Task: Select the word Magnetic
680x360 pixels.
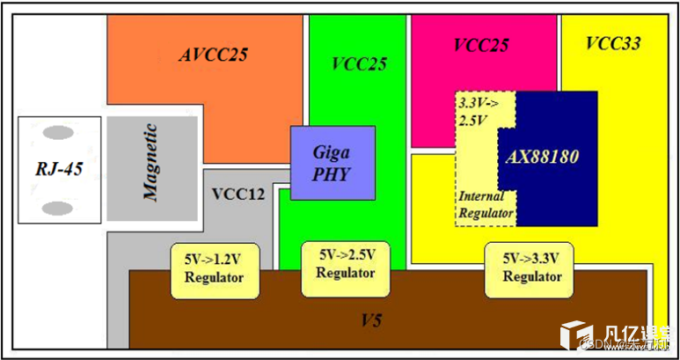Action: coord(150,164)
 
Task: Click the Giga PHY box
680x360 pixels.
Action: coord(332,163)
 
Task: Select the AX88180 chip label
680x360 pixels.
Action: coord(544,157)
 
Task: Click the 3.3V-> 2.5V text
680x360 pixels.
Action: coord(477,110)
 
